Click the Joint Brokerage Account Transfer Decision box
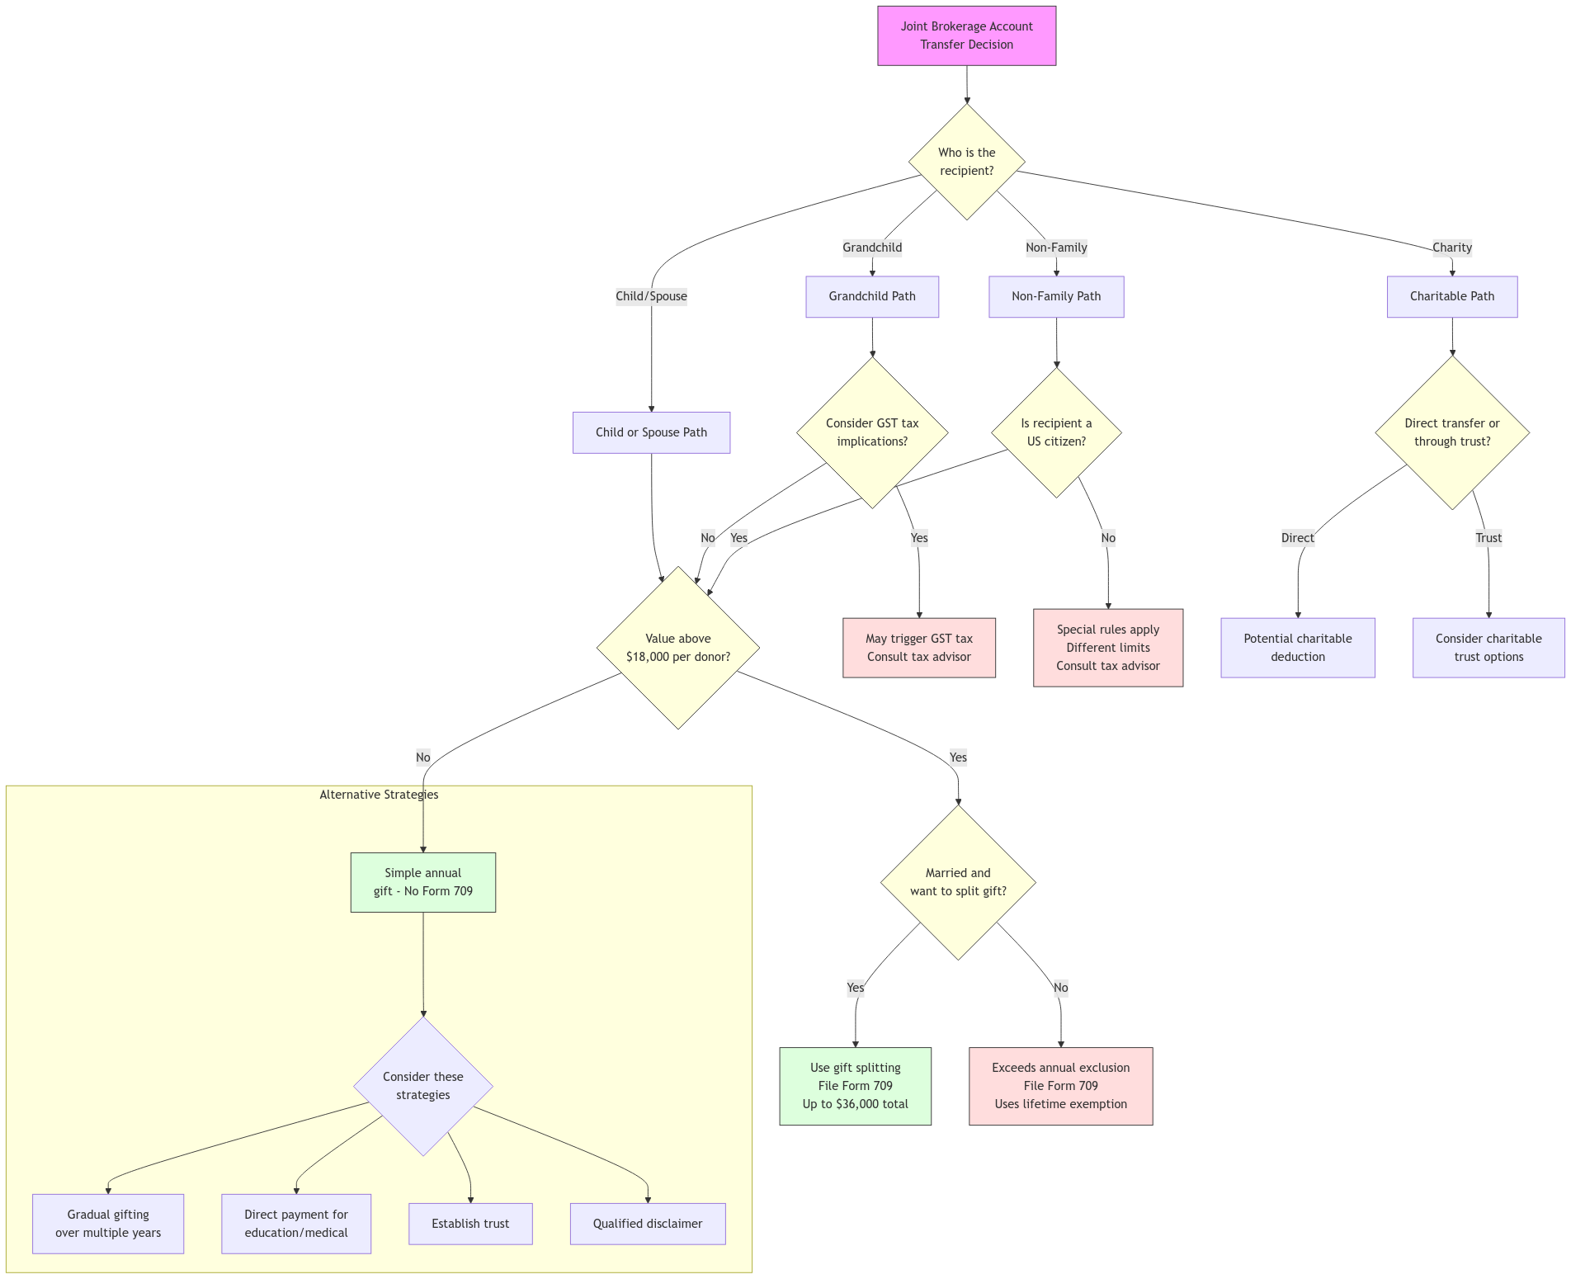coord(966,35)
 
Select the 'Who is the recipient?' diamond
coord(966,162)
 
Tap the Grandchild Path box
coord(872,296)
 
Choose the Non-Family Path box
coord(1056,296)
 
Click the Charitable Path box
coord(1451,296)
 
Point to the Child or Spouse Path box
coord(651,432)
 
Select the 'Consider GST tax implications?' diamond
coord(872,432)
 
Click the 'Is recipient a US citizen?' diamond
coord(1056,432)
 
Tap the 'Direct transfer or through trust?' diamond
coord(1452,432)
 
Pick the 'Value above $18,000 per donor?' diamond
coord(678,648)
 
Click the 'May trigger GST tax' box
coord(919,648)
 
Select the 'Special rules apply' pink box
coord(1108,648)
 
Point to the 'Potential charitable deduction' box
coord(1298,648)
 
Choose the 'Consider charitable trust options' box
coord(1488,648)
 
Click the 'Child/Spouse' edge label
coord(651,296)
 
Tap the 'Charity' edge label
coord(1451,248)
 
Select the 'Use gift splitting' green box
coord(856,1086)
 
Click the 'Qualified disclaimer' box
coord(648,1224)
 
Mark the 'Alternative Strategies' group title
coord(379,795)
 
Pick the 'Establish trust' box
coord(470,1224)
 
